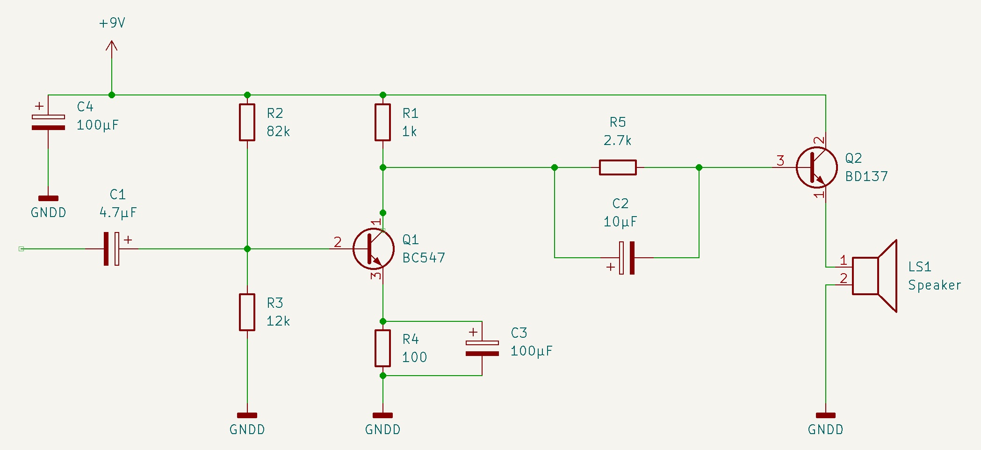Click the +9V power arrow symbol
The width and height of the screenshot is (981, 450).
111,46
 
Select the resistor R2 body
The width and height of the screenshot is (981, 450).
247,122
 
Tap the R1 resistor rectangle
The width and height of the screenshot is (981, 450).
382,122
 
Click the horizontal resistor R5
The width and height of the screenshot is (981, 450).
618,167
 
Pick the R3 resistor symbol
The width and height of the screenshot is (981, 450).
247,312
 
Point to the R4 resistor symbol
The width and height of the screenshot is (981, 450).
382,348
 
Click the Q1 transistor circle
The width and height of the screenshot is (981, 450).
374,249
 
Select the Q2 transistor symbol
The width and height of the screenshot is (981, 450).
817,167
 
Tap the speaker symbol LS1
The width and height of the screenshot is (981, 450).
874,276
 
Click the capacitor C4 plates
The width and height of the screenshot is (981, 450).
48,122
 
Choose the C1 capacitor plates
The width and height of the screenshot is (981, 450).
112,249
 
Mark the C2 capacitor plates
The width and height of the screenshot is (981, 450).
627,258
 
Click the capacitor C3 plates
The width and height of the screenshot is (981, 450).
482,348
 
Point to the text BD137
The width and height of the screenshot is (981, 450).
866,176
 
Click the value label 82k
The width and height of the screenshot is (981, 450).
278,131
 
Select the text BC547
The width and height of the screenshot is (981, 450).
424,258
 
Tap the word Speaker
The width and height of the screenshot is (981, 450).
934,285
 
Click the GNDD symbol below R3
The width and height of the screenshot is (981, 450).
247,415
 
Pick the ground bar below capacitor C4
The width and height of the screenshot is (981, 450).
48,198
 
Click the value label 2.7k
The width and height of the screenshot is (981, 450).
618,140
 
